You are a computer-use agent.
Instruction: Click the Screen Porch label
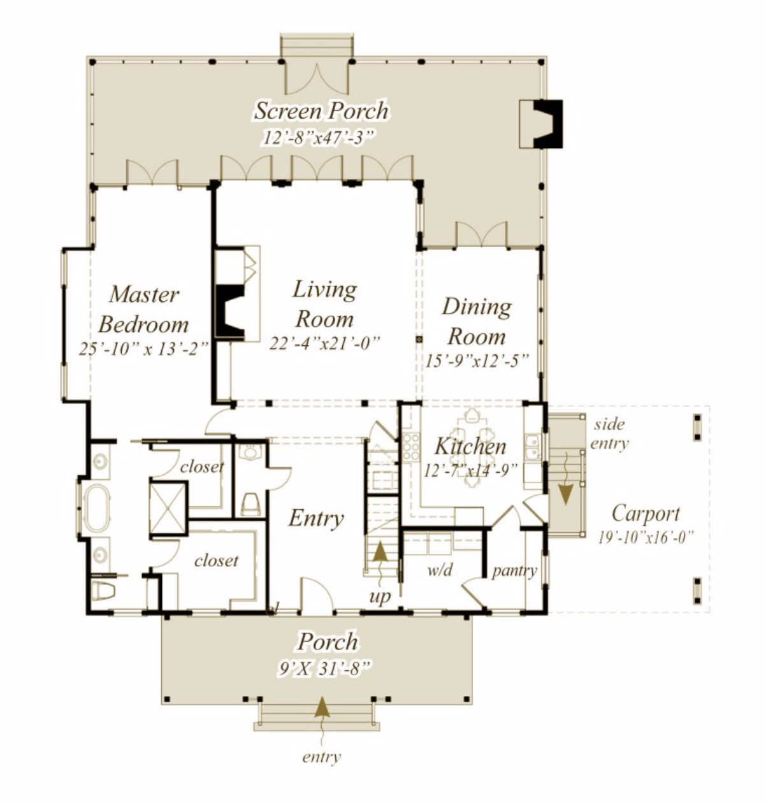tap(321, 111)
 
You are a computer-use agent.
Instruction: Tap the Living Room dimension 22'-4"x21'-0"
tap(325, 343)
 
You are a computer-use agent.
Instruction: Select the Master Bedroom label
tap(144, 309)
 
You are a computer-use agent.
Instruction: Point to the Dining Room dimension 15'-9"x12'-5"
tap(477, 361)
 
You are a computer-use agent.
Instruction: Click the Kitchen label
tap(470, 446)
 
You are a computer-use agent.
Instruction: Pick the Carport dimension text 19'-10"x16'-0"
tap(646, 537)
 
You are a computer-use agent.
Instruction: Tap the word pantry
tap(514, 571)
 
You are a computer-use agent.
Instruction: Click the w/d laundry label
tap(440, 569)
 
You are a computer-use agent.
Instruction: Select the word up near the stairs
tap(380, 597)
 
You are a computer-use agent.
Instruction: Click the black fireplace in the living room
tap(229, 311)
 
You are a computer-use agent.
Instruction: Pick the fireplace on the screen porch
tap(548, 124)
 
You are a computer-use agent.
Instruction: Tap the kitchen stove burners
tap(411, 447)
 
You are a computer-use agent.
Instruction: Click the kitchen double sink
tap(532, 447)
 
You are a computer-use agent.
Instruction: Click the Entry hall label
tap(316, 519)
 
